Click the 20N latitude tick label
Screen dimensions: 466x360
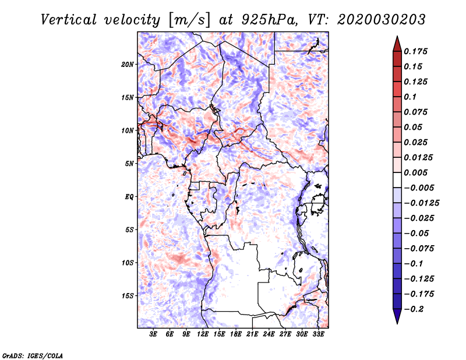[128, 65]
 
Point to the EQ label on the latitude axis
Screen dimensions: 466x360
[129, 197]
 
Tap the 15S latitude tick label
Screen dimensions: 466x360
[128, 296]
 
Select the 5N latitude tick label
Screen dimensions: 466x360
[129, 164]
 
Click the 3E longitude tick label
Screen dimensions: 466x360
[153, 334]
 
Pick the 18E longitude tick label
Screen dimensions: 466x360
[236, 334]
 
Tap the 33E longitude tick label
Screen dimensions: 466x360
[318, 334]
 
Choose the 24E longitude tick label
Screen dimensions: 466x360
[269, 334]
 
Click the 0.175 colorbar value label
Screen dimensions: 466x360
[415, 51]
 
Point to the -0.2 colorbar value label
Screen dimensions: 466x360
[414, 309]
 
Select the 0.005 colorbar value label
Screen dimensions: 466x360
[415, 172]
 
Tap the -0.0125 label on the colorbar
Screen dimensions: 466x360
[421, 203]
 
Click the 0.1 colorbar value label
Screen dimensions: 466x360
[410, 97]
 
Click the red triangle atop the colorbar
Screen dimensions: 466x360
[397, 44]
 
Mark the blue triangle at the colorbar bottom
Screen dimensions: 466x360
[397, 316]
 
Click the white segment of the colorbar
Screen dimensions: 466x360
[397, 180]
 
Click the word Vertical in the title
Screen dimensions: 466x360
[69, 20]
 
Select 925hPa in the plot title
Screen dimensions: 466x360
[269, 20]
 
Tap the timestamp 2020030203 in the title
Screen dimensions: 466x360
[382, 20]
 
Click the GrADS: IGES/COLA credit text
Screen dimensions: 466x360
[33, 356]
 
